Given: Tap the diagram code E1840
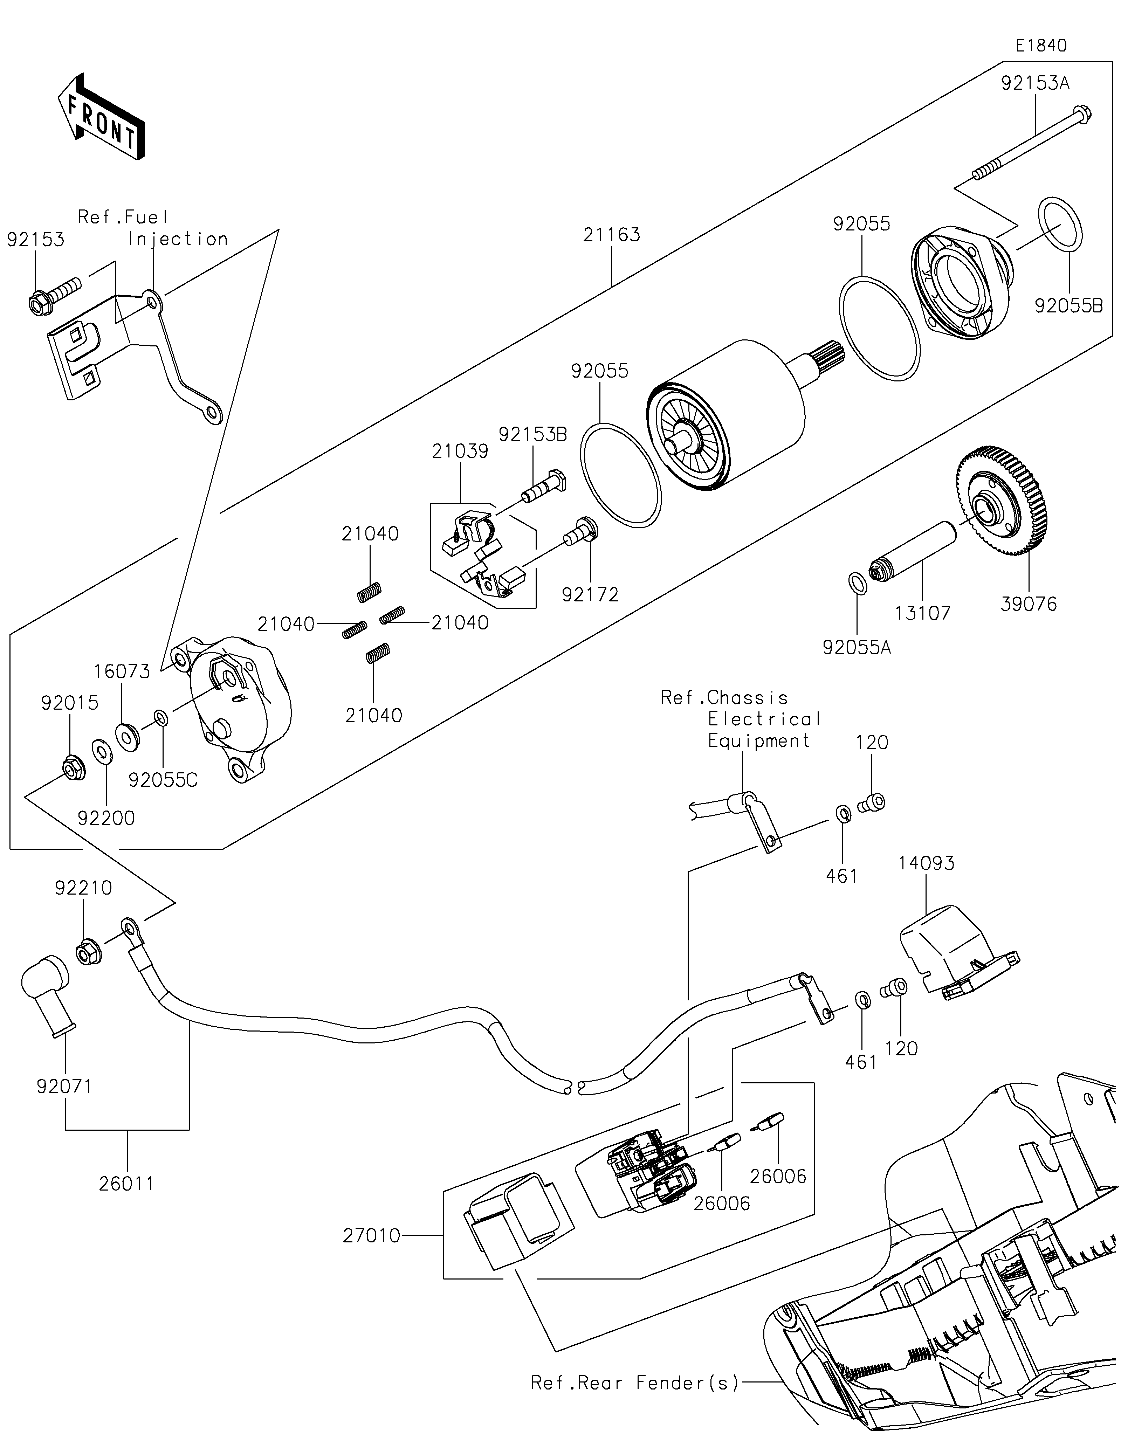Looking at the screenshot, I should coord(1041,46).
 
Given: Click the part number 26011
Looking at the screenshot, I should coord(126,1184).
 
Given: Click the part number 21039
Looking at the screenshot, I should coord(460,451).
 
